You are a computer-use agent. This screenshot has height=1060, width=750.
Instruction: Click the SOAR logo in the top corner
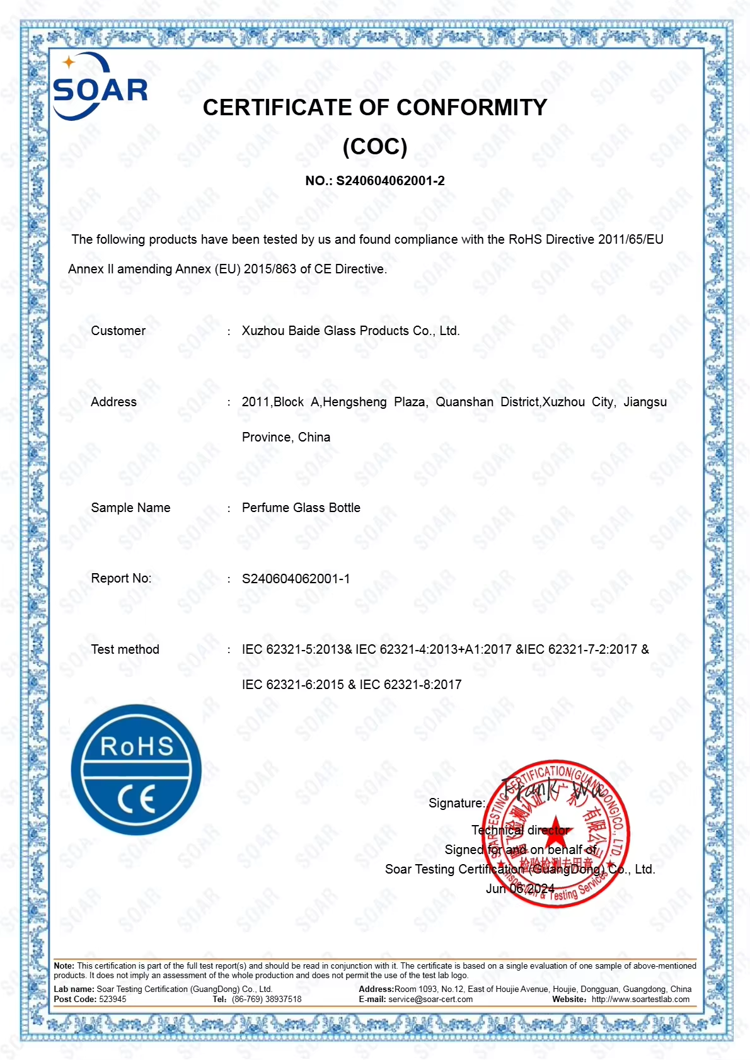100,88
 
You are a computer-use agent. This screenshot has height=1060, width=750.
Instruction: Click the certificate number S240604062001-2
390,181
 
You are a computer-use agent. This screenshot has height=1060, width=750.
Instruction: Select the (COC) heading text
375,147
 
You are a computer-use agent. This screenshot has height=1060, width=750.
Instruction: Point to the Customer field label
118,331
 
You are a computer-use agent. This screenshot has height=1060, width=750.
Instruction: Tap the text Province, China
286,437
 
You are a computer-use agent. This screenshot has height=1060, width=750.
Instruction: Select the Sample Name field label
130,508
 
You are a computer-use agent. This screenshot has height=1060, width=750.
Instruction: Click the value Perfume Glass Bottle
301,508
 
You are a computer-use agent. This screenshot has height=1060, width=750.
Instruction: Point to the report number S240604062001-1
296,579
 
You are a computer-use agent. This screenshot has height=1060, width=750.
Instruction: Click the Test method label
125,649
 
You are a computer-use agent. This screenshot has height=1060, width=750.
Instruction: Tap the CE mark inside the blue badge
136,800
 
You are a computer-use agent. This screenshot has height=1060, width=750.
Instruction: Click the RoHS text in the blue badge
137,746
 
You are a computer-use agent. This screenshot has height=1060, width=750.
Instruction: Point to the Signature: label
457,803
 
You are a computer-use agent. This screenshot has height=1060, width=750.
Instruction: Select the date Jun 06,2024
520,889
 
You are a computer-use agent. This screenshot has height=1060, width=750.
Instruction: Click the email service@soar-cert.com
430,999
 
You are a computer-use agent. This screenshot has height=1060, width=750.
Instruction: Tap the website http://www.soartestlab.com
640,999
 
